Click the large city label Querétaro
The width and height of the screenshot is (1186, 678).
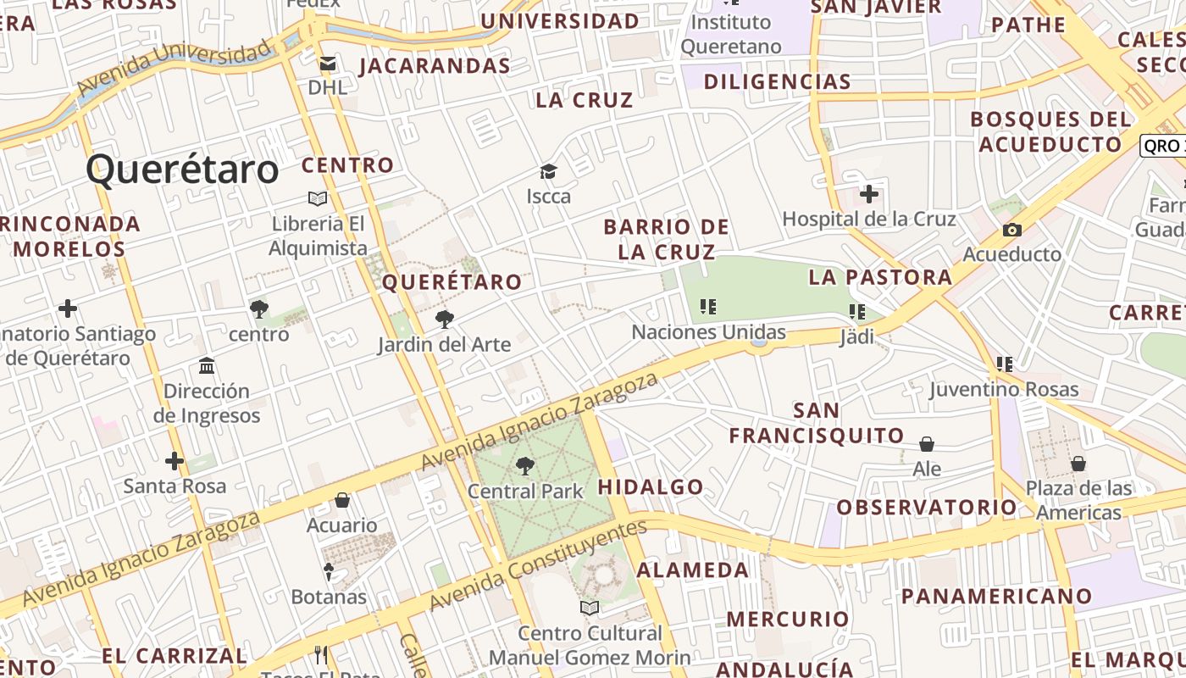point(182,169)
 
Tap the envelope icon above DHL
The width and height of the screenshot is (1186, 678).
point(327,64)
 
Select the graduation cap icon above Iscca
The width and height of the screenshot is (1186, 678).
point(548,172)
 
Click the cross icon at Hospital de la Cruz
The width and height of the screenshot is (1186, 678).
point(868,195)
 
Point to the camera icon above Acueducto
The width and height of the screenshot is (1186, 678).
point(1011,230)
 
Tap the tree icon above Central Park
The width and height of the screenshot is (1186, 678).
point(525,465)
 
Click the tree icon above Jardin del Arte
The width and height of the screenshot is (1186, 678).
point(444,320)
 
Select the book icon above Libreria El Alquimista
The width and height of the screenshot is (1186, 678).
point(318,198)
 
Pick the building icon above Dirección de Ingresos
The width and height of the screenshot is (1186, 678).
point(207,366)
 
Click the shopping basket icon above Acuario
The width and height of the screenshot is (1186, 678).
point(342,500)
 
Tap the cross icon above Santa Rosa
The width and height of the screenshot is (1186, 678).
point(175,461)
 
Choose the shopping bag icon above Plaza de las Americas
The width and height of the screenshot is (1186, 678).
point(1078,464)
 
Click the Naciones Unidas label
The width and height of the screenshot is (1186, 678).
point(708,332)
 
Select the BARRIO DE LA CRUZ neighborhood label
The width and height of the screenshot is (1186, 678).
point(666,239)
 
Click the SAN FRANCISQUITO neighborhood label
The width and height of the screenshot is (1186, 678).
point(817,423)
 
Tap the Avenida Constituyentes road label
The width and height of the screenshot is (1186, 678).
point(538,565)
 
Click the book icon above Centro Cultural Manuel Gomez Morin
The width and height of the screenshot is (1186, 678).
point(590,608)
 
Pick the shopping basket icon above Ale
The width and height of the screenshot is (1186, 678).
point(927,444)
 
